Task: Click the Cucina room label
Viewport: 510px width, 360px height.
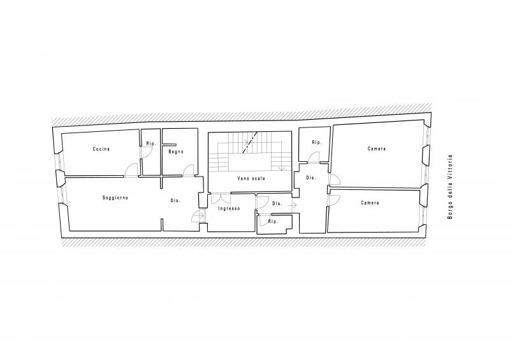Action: pos(101,149)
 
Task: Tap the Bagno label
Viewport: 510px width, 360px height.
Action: pos(176,152)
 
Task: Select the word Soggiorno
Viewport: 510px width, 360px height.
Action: pos(115,198)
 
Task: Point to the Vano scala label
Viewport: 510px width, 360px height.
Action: pos(251,178)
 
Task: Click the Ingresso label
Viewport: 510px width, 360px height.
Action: pos(229,208)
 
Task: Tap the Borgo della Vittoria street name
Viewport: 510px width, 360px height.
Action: pos(450,187)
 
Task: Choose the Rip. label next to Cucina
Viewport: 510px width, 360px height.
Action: pos(151,143)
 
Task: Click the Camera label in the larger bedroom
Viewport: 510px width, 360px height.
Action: pos(377,148)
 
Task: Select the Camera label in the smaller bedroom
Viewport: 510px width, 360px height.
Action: pos(370,203)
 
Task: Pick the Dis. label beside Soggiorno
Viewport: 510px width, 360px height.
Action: pos(175,201)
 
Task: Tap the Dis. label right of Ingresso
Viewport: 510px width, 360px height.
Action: pos(277,204)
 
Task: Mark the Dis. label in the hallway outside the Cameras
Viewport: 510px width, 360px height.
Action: pos(311,178)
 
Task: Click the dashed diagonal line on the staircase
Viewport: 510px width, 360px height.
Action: pos(250,142)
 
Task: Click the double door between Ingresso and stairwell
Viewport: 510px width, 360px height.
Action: pos(221,198)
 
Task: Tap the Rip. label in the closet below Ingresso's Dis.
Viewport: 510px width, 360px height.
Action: pos(273,222)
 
